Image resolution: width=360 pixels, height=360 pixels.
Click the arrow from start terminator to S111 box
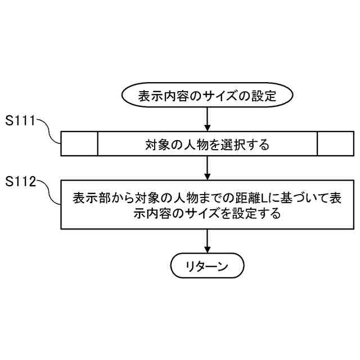pyautogui.click(x=208, y=119)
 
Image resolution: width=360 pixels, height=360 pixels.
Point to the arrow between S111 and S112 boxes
pyautogui.click(x=208, y=168)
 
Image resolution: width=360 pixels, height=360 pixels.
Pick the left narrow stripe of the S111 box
pyautogui.click(x=79, y=144)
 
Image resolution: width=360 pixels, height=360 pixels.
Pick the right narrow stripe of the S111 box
pyautogui.click(x=336, y=144)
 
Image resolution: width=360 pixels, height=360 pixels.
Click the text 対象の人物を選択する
pyautogui.click(x=208, y=145)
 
